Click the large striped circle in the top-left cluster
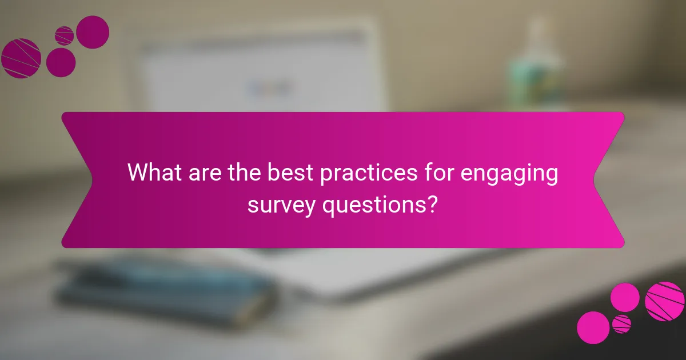21,58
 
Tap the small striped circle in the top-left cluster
65,35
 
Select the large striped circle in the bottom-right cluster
665,301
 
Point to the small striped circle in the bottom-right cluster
621,324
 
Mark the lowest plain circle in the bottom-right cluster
593,327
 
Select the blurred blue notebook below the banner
166,289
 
